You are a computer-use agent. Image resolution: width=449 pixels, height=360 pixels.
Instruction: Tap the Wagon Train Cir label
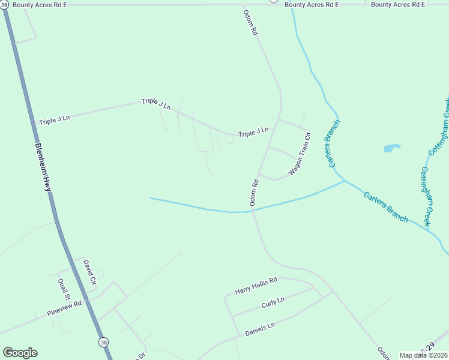[x=300, y=154]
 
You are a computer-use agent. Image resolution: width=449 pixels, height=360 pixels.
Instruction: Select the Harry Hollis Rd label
[x=256, y=286]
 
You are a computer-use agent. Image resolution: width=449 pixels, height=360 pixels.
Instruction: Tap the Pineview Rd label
[x=64, y=310]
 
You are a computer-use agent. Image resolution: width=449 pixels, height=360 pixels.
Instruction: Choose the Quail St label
[x=64, y=289]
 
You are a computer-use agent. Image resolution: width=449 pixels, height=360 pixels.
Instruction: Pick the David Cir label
[x=89, y=272]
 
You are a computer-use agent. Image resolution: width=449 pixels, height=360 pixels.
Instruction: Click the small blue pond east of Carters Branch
[x=391, y=148]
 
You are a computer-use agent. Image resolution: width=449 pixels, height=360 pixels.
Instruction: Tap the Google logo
[x=20, y=353]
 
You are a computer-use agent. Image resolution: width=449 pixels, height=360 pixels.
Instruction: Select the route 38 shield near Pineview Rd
[x=104, y=341]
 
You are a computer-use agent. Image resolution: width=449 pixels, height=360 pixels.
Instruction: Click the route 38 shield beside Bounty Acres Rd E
[x=5, y=4]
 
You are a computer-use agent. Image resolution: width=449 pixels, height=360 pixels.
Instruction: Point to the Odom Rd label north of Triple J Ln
[x=250, y=22]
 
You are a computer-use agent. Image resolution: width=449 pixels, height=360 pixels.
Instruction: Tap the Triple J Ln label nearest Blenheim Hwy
[x=55, y=119]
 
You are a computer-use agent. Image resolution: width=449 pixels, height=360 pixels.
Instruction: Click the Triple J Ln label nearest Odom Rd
[x=253, y=133]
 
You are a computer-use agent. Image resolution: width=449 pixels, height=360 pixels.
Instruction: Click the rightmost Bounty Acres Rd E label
[x=397, y=4]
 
